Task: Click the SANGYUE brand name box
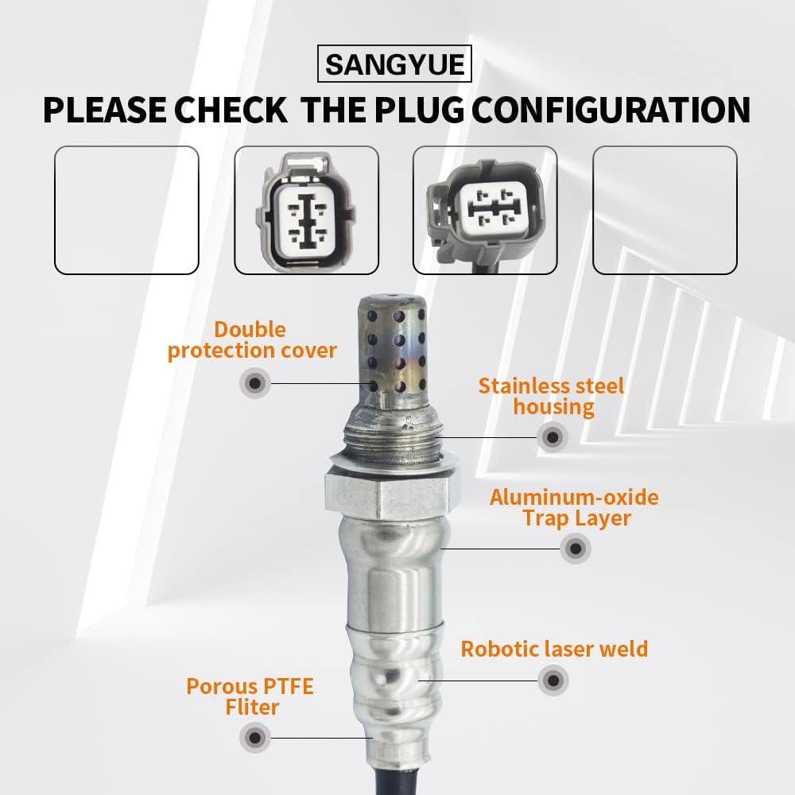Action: pyautogui.click(x=395, y=64)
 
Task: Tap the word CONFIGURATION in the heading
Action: pyautogui.click(x=607, y=110)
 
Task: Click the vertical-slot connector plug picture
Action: pyautogui.click(x=305, y=210)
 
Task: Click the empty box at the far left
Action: pyautogui.click(x=126, y=210)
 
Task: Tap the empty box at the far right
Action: pyautogui.click(x=665, y=210)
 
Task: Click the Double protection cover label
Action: pyautogui.click(x=251, y=340)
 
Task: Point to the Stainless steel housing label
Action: pyautogui.click(x=552, y=397)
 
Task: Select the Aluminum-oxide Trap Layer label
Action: pyautogui.click(x=574, y=508)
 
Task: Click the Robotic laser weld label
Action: pyautogui.click(x=555, y=649)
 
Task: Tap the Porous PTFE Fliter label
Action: pyautogui.click(x=250, y=696)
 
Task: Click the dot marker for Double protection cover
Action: pyautogui.click(x=254, y=383)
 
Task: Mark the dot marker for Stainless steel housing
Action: pyautogui.click(x=552, y=436)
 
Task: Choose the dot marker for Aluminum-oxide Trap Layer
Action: pyautogui.click(x=574, y=548)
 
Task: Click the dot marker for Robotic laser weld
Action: pyautogui.click(x=553, y=680)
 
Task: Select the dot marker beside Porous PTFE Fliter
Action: pyautogui.click(x=254, y=737)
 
